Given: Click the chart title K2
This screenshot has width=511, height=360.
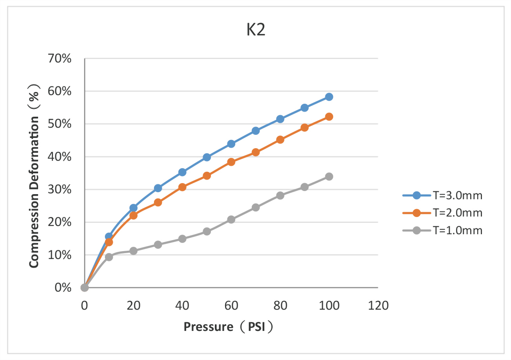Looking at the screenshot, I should coord(256,31).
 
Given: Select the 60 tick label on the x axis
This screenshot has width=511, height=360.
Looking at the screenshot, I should coord(231,305).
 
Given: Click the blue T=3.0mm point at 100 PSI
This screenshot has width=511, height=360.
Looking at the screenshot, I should coord(329,97).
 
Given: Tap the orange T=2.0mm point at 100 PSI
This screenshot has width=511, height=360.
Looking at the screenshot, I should coord(329,117).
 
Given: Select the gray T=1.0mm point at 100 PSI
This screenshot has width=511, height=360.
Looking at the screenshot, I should coord(329,176).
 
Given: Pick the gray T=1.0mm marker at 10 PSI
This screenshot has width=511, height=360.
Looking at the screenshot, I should coord(109,257).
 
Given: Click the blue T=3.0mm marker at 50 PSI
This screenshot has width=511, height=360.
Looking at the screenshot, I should coord(207,157).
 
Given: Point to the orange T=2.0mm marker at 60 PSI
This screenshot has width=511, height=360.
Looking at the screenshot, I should coord(231,162).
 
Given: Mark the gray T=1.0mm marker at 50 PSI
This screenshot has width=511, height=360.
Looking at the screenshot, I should coord(207,231).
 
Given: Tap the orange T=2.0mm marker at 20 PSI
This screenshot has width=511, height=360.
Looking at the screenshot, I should coord(133,215).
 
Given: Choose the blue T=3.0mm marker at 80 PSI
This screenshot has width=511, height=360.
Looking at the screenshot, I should coord(280,119).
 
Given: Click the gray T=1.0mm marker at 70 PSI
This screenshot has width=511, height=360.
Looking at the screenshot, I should coord(256,208).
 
